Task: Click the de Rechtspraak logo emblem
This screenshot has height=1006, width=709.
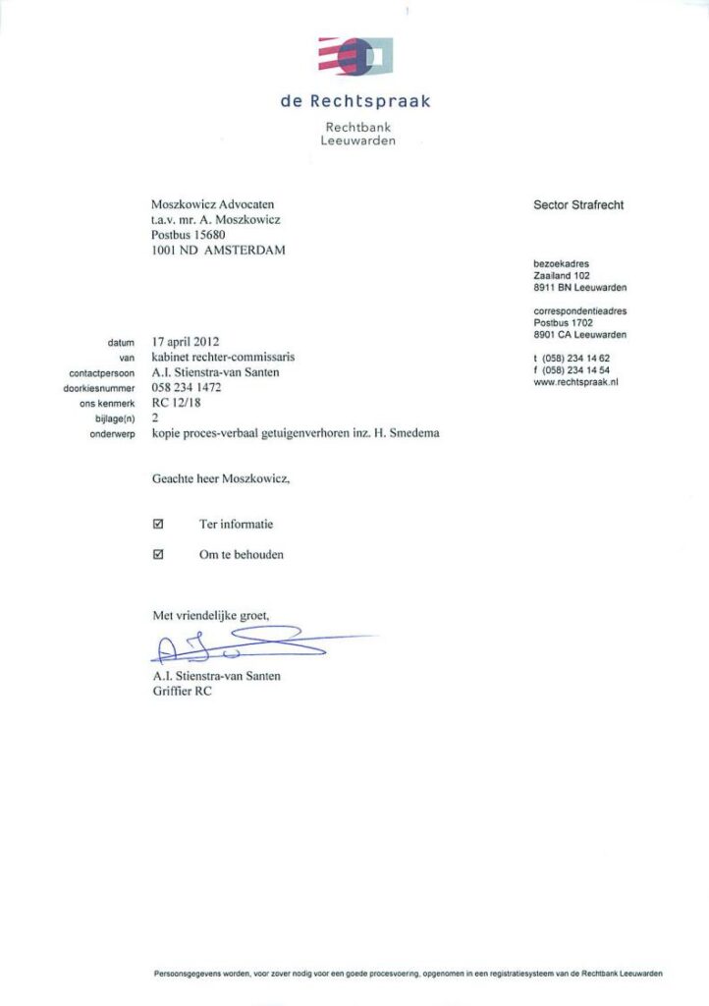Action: tap(355, 56)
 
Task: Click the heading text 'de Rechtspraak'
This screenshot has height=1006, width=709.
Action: tap(355, 101)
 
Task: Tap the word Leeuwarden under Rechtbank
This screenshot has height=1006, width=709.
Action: tap(357, 141)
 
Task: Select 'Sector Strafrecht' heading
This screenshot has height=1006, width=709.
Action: tap(578, 205)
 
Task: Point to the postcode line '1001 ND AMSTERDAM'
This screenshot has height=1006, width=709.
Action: tap(218, 251)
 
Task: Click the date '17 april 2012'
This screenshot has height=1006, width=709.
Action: tap(186, 342)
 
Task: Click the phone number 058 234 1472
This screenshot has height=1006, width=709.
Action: tap(187, 388)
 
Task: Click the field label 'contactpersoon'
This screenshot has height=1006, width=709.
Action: tap(101, 373)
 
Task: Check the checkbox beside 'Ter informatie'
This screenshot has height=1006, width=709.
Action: tap(159, 525)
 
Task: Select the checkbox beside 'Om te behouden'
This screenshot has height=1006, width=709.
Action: tap(159, 554)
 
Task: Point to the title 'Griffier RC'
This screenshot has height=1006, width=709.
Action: tap(182, 692)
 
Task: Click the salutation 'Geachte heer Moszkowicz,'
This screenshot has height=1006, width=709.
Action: tap(222, 479)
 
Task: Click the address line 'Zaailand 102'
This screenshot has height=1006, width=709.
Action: tap(561, 276)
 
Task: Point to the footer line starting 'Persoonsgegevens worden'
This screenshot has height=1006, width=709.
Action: tap(408, 974)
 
